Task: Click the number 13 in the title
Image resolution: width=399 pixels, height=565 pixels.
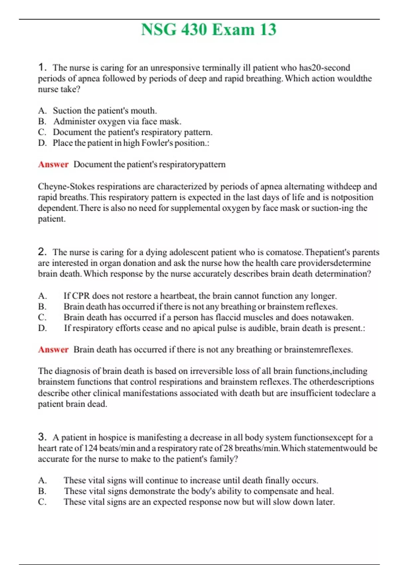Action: point(268,30)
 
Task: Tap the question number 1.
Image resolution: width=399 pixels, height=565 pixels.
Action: point(42,67)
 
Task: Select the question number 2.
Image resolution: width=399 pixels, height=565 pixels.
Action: point(42,252)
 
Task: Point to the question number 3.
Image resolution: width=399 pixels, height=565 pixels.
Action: point(42,437)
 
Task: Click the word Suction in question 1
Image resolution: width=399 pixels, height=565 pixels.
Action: point(67,111)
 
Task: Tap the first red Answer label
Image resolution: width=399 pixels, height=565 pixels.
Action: point(53,165)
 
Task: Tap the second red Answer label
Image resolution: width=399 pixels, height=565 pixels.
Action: point(53,350)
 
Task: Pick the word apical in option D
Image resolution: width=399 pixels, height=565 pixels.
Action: point(203,328)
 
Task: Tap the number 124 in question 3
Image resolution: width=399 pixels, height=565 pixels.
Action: point(91,448)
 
